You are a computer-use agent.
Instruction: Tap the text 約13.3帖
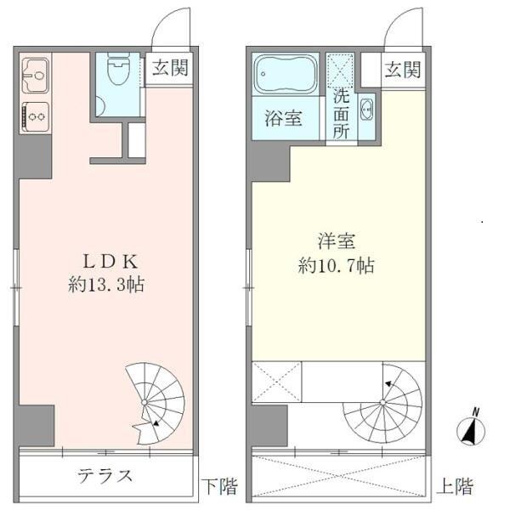pos(105,286)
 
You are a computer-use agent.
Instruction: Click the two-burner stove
pos(35,113)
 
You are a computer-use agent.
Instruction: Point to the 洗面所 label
pos(341,114)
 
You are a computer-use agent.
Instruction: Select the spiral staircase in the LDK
pos(155,395)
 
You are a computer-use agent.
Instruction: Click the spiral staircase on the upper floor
pos(383,405)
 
